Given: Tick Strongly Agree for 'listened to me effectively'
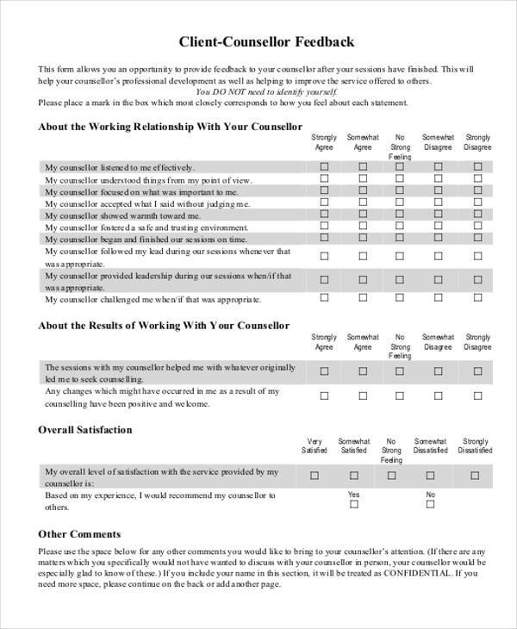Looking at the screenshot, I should (325, 166).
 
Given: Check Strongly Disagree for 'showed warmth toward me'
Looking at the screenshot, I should (477, 214).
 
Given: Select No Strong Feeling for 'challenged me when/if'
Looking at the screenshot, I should (400, 298).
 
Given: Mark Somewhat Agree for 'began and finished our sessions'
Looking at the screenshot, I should (363, 238).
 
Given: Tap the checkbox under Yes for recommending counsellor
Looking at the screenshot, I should (353, 506).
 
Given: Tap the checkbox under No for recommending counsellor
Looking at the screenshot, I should (430, 506).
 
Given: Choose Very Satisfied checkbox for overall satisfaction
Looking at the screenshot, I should (315, 475).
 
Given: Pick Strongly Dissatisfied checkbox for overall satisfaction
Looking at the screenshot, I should (475, 475).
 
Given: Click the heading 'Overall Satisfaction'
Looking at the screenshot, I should (85, 429).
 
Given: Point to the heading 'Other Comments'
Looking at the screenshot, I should (79, 533).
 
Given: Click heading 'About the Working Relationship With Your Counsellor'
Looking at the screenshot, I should (169, 126).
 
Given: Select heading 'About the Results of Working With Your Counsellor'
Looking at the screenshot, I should (164, 326).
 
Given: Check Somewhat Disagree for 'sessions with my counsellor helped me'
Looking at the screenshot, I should (438, 371).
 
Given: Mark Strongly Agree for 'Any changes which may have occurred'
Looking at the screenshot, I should (325, 396).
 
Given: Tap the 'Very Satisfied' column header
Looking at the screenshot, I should (315, 445).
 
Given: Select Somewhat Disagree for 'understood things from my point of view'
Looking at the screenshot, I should (438, 178).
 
